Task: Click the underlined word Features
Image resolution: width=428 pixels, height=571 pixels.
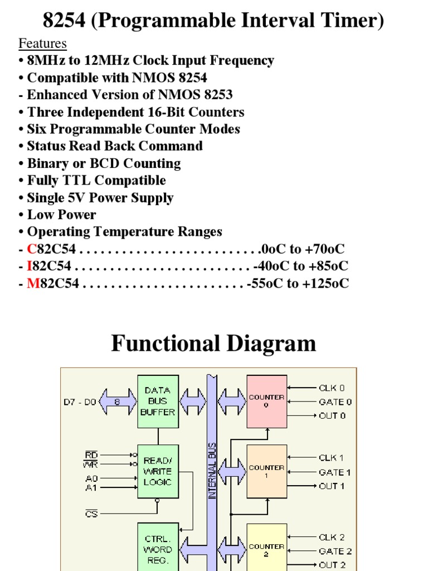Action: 42,43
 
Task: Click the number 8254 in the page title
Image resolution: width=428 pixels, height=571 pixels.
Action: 64,21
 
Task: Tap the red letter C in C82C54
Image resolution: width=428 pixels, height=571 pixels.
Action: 31,249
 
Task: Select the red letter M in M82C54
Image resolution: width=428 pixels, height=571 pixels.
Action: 32,284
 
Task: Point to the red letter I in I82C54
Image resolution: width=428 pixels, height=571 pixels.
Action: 30,267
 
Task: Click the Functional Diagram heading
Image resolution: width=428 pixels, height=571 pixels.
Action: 213,343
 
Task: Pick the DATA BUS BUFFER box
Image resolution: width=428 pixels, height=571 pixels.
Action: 158,401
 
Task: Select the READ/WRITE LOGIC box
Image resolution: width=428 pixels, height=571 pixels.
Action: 158,471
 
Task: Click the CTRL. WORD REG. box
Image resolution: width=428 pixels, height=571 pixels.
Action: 158,549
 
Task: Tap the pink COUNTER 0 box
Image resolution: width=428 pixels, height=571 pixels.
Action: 266,401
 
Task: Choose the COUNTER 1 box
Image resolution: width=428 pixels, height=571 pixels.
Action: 266,471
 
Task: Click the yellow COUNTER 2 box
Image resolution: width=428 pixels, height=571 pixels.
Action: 266,549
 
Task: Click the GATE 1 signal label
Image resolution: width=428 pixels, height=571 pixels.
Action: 335,472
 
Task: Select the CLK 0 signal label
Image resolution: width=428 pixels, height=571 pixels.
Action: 332,388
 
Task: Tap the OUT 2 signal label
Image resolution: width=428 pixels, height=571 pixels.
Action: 332,565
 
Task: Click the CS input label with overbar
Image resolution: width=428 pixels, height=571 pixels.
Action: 91,514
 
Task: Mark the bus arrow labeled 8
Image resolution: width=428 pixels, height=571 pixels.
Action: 118,401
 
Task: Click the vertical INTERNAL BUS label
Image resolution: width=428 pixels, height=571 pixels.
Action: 212,471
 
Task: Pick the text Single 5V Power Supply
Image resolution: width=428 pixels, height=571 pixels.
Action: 100,198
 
